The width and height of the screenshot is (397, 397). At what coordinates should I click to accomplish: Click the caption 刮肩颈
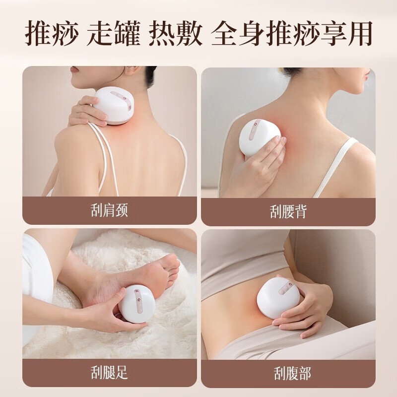[109, 210]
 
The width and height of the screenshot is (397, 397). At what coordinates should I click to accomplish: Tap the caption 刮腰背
[288, 211]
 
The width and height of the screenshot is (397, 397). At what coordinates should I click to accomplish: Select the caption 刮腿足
[109, 372]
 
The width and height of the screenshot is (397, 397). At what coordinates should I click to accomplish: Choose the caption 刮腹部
[292, 373]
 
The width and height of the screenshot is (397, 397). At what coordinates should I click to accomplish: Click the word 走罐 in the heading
[114, 34]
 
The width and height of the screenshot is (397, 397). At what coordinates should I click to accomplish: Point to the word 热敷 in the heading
[176, 34]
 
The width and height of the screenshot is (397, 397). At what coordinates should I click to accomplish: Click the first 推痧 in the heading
[52, 34]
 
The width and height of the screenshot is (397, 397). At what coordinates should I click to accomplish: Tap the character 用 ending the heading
[358, 34]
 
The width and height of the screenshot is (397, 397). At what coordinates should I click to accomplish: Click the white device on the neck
[114, 105]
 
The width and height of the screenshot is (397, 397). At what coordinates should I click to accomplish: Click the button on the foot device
[139, 300]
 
